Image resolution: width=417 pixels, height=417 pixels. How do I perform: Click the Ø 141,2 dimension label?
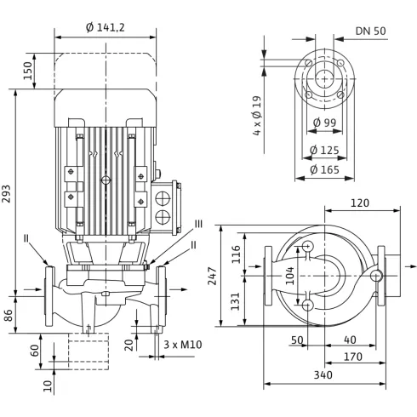pos(106,27)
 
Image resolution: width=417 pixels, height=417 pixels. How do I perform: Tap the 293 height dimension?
pos(6,194)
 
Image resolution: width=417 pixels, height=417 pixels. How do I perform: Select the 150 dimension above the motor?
pos(28,71)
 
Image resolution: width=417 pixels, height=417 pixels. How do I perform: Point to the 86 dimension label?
pos(9,315)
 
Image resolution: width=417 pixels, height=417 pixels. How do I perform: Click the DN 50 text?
pos(371,31)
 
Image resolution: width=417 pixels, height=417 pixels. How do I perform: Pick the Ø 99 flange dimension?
pos(324,123)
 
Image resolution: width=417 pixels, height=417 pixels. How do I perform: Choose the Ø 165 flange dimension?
pos(324,169)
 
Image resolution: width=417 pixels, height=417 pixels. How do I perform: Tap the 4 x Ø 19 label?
pos(257,116)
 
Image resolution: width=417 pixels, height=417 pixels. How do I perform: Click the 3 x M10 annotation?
pos(183,345)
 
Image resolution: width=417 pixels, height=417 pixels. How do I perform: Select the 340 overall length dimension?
pos(323,375)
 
